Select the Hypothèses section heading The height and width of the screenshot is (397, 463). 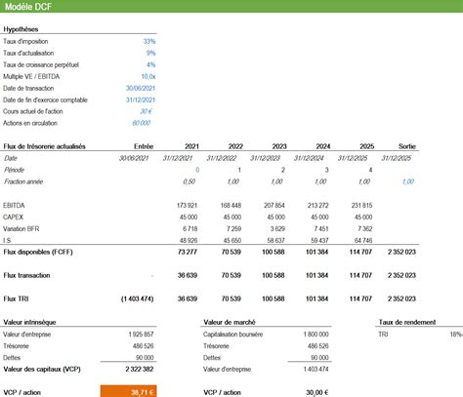click(21, 29)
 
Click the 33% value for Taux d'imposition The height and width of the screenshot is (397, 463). click(148, 42)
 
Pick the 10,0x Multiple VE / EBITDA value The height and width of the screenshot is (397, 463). click(147, 76)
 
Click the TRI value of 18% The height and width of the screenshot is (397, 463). click(455, 334)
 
